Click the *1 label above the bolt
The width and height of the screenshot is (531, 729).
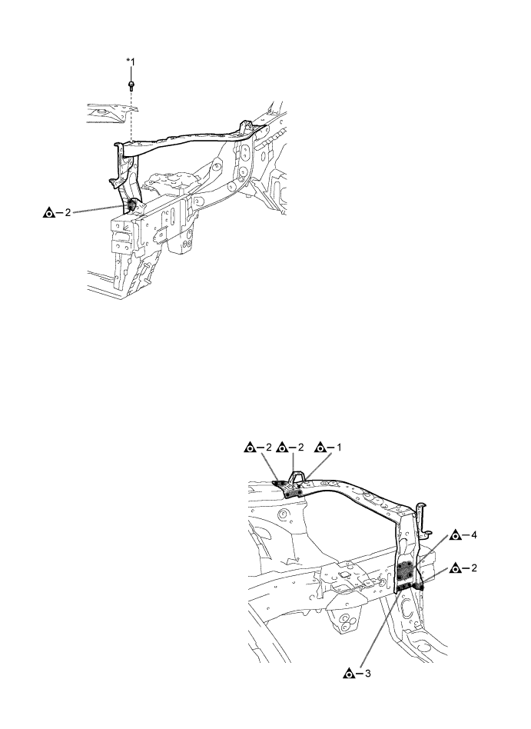click(x=131, y=60)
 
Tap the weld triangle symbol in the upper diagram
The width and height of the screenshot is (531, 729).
click(x=50, y=213)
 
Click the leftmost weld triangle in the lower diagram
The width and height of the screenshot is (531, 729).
click(x=250, y=446)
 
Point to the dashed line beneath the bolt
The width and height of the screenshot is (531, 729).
click(x=131, y=115)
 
